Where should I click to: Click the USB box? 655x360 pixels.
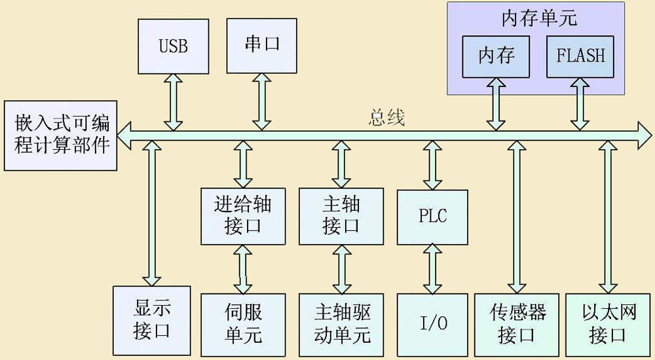(173, 46)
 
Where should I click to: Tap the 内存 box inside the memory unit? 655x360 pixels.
(496, 56)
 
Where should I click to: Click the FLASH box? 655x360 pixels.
(580, 56)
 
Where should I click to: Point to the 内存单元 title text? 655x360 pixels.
(539, 18)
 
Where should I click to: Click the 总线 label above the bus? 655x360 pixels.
(386, 117)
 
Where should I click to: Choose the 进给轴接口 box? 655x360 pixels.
(242, 215)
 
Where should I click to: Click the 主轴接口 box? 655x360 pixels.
(341, 215)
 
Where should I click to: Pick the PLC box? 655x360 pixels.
(432, 216)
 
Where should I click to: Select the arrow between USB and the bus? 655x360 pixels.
(173, 101)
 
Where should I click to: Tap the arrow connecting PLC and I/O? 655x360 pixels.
(432, 268)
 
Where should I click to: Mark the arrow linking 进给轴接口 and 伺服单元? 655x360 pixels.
(243, 269)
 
